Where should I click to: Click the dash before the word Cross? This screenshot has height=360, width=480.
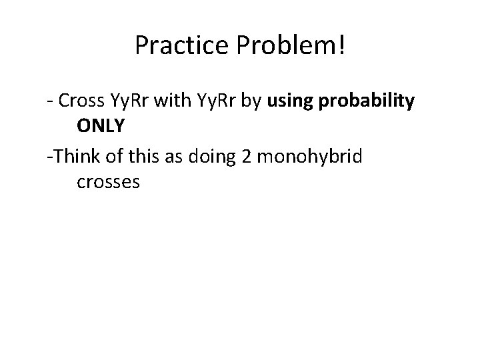click(x=50, y=101)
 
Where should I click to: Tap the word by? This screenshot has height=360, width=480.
click(x=255, y=101)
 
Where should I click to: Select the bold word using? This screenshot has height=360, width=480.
click(x=291, y=101)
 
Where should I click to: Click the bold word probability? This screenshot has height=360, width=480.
click(x=367, y=101)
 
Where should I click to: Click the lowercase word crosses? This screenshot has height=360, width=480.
click(x=108, y=181)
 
